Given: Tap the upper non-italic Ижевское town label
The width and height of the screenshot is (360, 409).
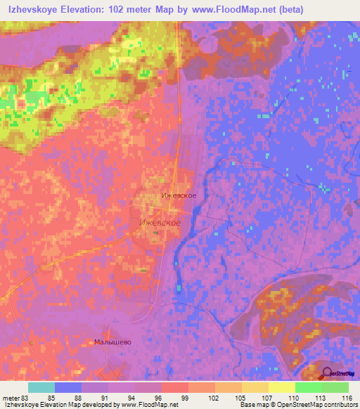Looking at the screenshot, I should click(x=179, y=196).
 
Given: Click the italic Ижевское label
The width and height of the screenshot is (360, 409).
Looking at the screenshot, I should click(x=161, y=222).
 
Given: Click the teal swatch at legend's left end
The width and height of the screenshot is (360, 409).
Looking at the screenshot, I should click(x=41, y=387).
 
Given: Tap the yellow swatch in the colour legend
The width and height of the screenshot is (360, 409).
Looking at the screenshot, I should click(x=281, y=387).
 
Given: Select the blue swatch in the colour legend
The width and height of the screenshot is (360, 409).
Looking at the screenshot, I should click(x=68, y=387).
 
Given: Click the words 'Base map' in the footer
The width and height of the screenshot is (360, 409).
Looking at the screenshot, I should click(x=252, y=405).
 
